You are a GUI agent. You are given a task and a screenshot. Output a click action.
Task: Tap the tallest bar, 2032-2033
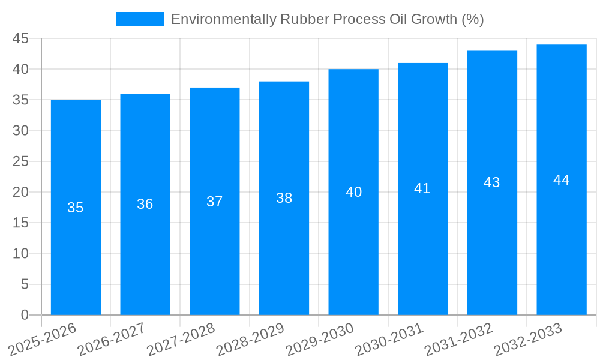(x=562, y=252)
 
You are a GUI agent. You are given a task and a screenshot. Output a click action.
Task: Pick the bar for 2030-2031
(x=422, y=252)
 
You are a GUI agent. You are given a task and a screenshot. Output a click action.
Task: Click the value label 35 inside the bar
(x=76, y=208)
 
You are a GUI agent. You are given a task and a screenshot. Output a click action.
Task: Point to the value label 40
(x=353, y=192)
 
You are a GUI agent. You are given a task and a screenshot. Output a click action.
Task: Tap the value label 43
(x=492, y=182)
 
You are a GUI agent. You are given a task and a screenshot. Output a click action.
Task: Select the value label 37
(x=215, y=202)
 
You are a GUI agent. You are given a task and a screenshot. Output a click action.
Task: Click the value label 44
(x=562, y=180)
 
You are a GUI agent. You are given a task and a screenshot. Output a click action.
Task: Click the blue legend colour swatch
(x=139, y=19)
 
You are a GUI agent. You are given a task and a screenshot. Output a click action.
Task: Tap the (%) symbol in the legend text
(x=472, y=19)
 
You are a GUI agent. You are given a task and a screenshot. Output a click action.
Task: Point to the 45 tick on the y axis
(x=20, y=38)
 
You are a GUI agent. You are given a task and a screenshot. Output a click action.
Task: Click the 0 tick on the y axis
(x=25, y=315)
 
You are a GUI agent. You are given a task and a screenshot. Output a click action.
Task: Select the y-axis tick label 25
(x=20, y=161)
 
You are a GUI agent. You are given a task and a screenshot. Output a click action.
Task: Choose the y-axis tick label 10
(x=20, y=253)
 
